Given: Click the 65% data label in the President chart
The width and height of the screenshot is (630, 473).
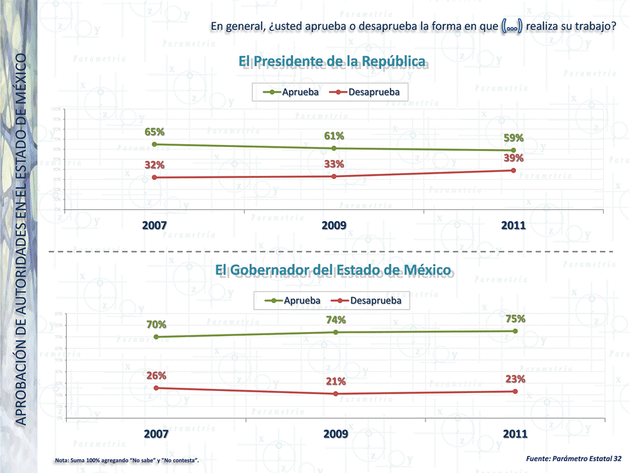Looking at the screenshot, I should [x=155, y=132].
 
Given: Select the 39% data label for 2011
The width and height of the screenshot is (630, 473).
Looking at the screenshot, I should [x=513, y=158].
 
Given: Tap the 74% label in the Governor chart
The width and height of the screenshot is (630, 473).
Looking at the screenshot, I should [x=336, y=319].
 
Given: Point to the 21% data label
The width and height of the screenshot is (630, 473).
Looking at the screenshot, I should [x=336, y=381].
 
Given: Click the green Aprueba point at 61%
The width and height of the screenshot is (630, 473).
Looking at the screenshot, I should [x=334, y=148].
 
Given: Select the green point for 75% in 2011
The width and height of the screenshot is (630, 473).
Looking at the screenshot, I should [x=515, y=331].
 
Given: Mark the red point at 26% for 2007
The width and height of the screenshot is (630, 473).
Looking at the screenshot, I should [x=156, y=388].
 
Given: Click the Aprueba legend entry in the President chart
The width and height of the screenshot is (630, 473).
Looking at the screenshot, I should [x=293, y=92].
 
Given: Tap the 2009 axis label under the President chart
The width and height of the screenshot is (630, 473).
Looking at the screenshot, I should [x=334, y=225].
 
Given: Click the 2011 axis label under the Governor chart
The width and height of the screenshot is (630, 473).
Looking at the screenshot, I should [x=515, y=434].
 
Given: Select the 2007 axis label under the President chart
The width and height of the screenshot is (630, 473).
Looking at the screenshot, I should [x=155, y=225].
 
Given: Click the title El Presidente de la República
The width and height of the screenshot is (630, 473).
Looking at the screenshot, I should [x=332, y=62].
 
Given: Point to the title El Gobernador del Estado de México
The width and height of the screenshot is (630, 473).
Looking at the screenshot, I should [x=332, y=270].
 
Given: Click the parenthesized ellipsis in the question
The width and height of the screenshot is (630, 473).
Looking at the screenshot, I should [x=511, y=27].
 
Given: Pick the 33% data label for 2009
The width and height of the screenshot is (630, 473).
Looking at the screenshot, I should [x=334, y=163].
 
